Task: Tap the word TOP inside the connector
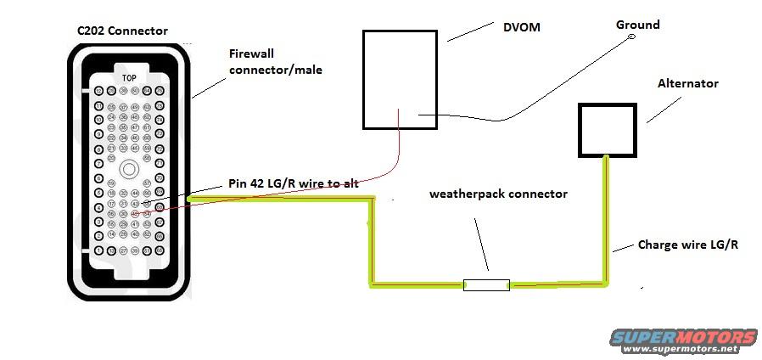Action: [x=129, y=78]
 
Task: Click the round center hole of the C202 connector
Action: [x=129, y=169]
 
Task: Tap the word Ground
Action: [x=637, y=25]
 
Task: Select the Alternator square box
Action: [x=605, y=129]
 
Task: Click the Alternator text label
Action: [x=688, y=83]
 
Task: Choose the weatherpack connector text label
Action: [x=498, y=194]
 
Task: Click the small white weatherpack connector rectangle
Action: [x=486, y=285]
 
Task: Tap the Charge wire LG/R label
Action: [x=687, y=245]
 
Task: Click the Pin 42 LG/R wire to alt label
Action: [x=293, y=184]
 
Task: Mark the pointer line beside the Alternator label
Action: [x=664, y=110]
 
